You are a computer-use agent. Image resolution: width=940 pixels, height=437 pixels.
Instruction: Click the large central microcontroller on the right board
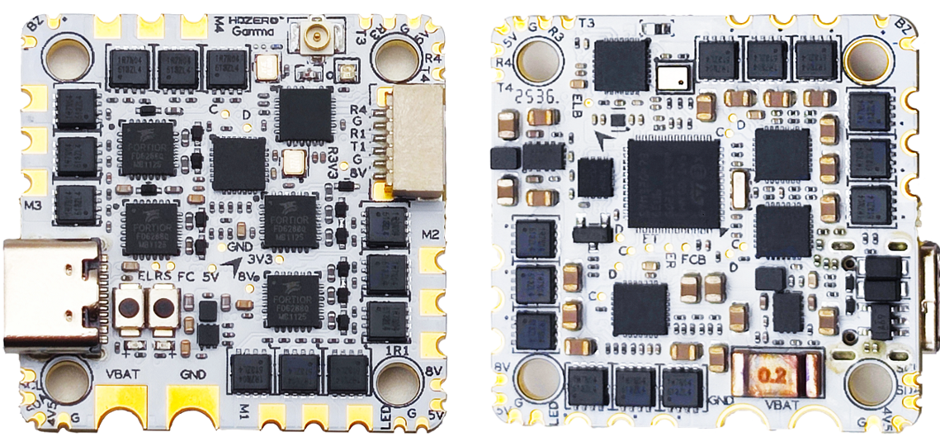(x=672, y=183)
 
